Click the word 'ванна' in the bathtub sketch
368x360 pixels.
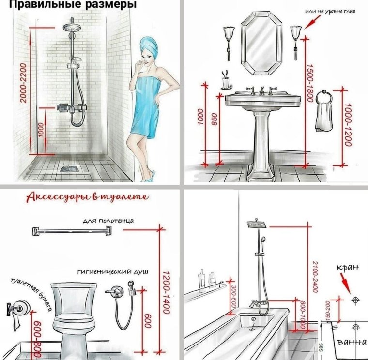coord(352,343)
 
